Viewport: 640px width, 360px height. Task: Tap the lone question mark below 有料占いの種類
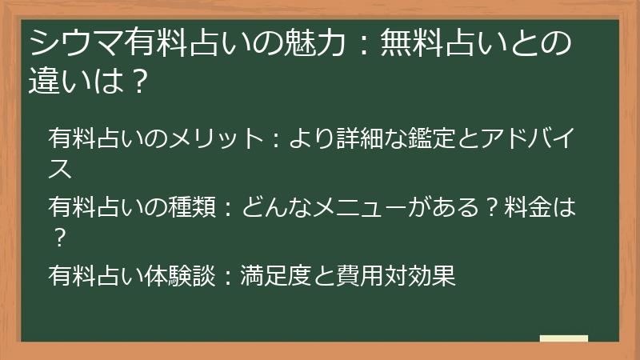coord(58,238)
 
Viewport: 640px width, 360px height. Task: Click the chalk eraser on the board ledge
coord(563,339)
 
